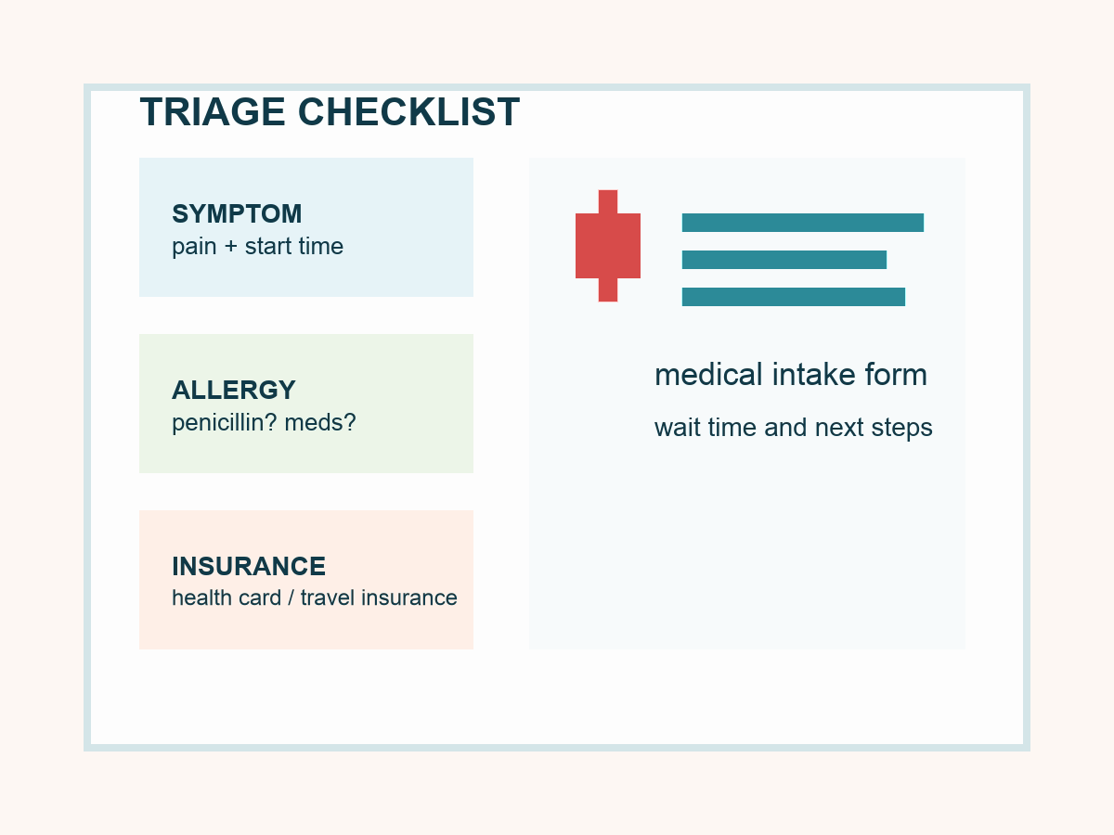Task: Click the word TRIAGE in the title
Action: [213, 112]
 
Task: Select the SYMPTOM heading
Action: [237, 213]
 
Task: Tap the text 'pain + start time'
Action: [257, 247]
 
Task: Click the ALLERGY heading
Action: [234, 390]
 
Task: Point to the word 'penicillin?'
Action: [225, 423]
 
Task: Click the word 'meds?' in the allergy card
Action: [320, 423]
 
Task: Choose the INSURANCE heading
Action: [249, 566]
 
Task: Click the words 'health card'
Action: [227, 597]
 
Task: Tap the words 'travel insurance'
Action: [379, 597]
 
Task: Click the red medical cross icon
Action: [608, 246]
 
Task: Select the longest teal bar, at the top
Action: [803, 223]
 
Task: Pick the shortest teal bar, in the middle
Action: [784, 260]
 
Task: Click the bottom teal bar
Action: [794, 297]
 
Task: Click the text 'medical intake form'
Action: [791, 375]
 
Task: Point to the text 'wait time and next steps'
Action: [794, 428]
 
